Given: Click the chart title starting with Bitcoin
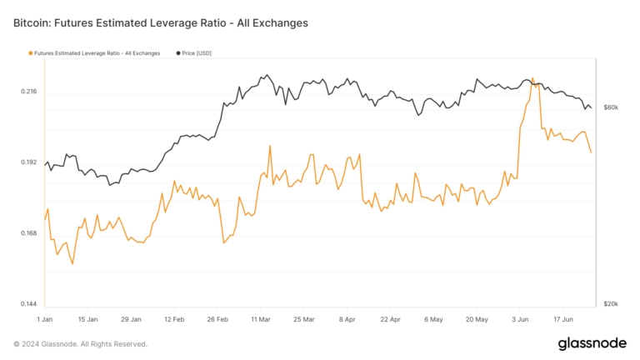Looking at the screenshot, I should click(161, 23).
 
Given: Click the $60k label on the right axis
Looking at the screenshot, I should click(611, 108).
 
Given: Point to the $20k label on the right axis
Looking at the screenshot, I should click(611, 304).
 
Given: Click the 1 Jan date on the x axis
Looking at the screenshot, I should click(46, 319).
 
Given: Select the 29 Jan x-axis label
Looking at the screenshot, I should click(131, 319).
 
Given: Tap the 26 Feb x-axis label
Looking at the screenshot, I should click(217, 319).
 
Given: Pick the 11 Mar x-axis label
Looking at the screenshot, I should click(261, 319).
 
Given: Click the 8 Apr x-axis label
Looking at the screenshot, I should click(347, 319).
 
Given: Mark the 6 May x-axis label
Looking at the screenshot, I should click(433, 319).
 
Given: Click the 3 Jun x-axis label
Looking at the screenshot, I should click(520, 319).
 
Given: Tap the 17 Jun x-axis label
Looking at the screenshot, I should click(563, 319).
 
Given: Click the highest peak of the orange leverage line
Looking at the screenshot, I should click(532, 79).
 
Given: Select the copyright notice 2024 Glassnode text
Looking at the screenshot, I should click(80, 344).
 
